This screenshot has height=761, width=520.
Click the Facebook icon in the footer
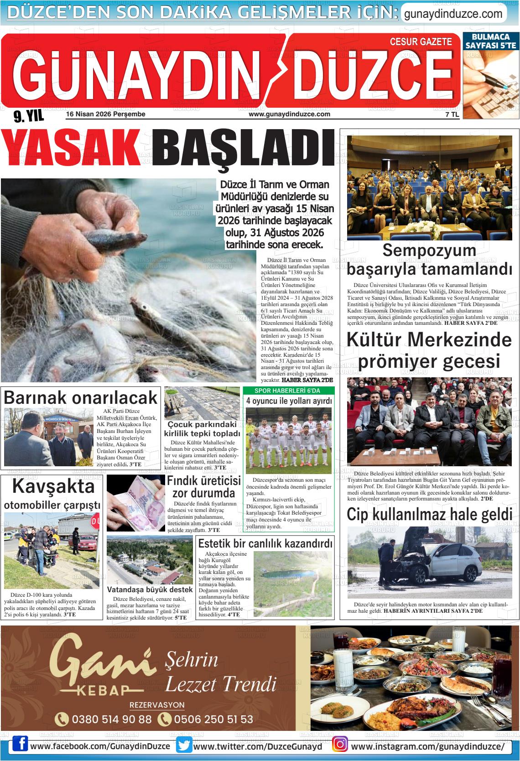click(20, 746)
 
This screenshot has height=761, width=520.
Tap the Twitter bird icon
click(184, 746)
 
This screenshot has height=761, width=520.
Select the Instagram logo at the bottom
click(340, 746)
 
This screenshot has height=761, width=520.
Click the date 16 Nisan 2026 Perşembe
click(106, 114)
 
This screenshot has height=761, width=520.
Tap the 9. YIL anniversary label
click(28, 117)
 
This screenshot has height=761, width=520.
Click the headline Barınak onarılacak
click(81, 397)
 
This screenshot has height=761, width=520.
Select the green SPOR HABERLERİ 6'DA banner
click(287, 391)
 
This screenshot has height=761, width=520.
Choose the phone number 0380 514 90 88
click(111, 719)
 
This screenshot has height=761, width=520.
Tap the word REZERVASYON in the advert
click(157, 705)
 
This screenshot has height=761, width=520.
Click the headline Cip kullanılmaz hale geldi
click(429, 514)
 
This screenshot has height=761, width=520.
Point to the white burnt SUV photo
click(429, 562)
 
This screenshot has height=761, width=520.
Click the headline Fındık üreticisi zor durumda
click(203, 487)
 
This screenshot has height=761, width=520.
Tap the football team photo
click(288, 440)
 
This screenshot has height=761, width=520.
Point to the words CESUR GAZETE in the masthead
click(421, 42)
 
